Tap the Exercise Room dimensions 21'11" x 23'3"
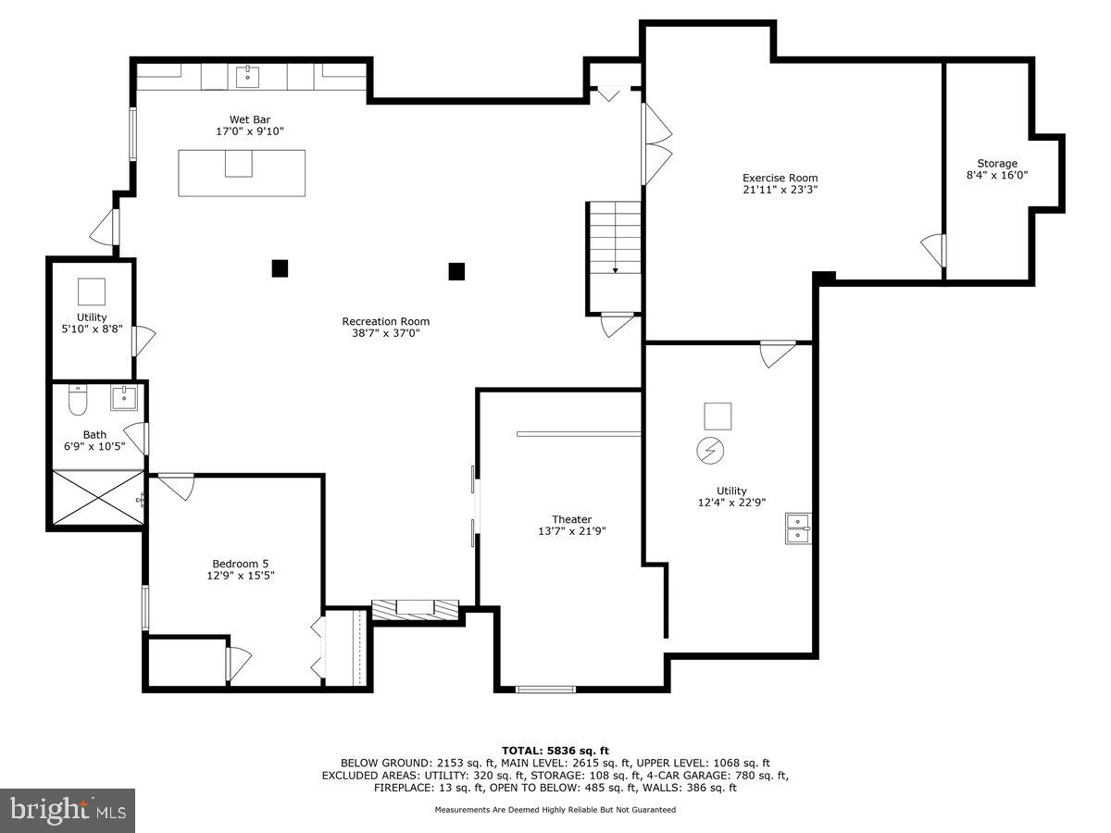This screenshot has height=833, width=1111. (780, 190)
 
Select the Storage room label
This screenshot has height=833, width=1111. (996, 163)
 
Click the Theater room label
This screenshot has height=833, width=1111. (571, 519)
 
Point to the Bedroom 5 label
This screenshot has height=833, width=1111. (240, 563)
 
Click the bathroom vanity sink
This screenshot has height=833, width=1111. (124, 398)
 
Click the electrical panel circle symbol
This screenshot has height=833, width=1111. (711, 451)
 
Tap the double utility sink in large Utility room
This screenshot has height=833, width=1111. (798, 528)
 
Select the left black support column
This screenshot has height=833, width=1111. (280, 268)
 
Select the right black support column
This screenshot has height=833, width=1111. (456, 271)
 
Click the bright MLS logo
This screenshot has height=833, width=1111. (68, 810)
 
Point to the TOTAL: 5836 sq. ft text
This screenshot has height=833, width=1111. (555, 751)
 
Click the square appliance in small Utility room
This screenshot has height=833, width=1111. (92, 292)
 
